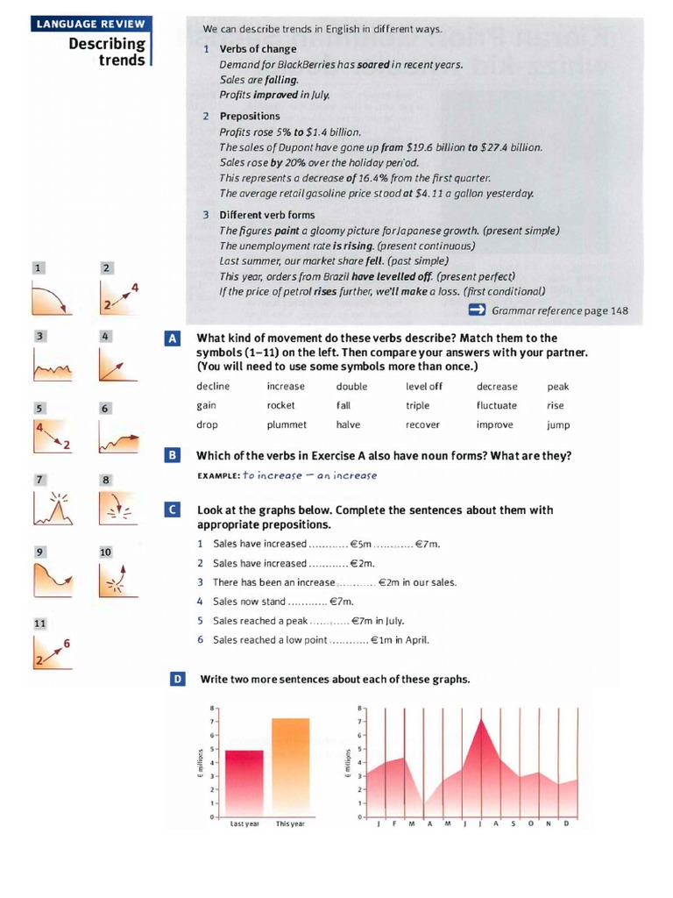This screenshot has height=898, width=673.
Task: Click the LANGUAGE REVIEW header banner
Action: point(89,24)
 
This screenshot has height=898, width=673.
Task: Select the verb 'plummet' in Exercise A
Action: point(287,425)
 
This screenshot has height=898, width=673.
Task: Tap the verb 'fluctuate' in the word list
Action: point(496,406)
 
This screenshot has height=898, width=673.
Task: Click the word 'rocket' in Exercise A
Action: point(280,406)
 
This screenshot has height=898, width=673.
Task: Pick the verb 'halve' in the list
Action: point(348,425)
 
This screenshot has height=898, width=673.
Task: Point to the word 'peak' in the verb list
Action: point(557,387)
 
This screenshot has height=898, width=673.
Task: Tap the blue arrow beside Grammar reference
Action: point(477,310)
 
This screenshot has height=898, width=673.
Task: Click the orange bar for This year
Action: point(290,767)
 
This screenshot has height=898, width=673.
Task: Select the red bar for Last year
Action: point(244,783)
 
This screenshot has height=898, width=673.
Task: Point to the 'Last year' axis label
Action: point(244,824)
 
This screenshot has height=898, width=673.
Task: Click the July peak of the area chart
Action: point(480,721)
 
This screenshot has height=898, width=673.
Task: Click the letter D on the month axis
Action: point(566,823)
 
